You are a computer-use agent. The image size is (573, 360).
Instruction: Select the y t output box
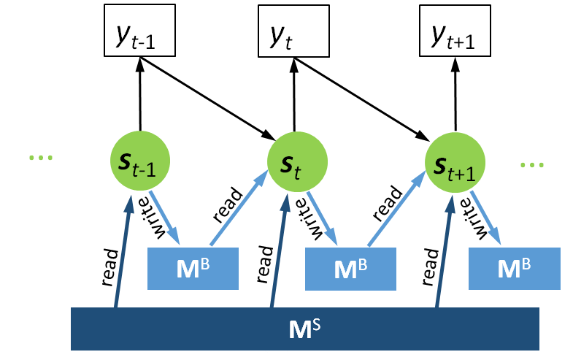(x=292, y=31)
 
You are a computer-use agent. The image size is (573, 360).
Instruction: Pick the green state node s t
(x=294, y=162)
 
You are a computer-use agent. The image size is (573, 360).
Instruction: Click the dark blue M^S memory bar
(x=304, y=328)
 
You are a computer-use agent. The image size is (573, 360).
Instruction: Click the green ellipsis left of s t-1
(x=40, y=158)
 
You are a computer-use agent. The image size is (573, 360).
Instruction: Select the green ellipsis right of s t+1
(x=532, y=165)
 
